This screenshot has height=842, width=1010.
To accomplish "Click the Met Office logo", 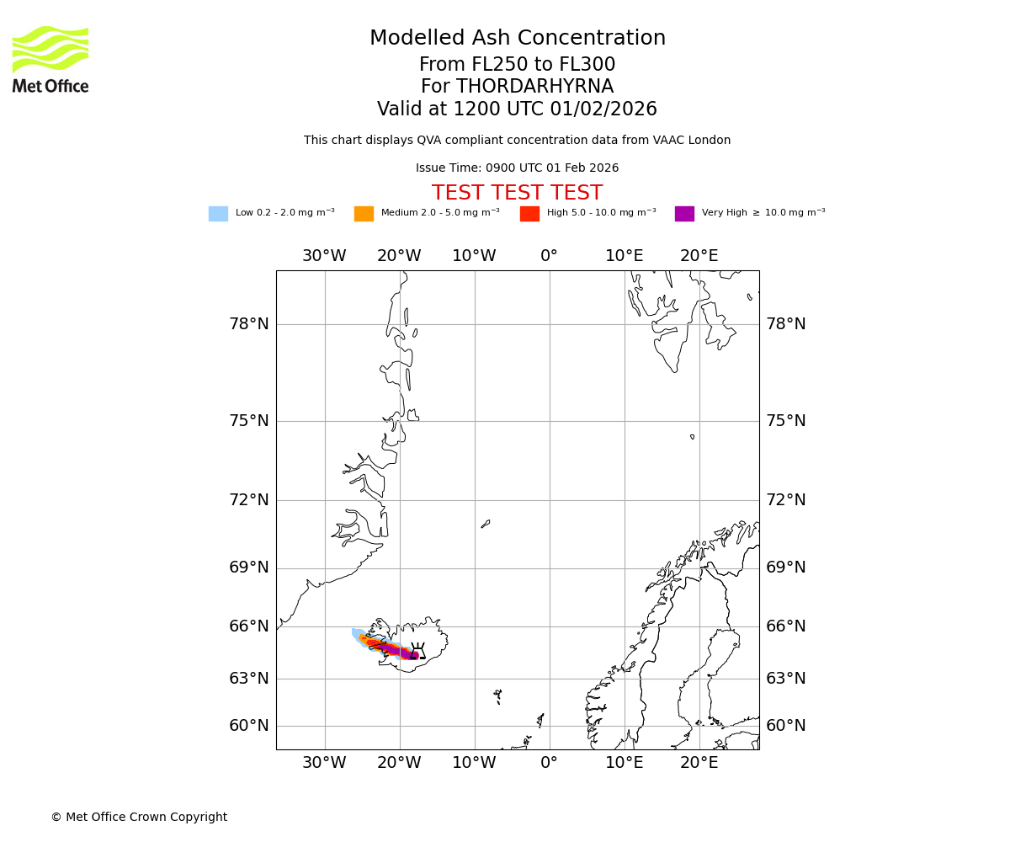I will pyautogui.click(x=50, y=59).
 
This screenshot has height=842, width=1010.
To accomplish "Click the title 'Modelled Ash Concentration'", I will pyautogui.click(x=517, y=39).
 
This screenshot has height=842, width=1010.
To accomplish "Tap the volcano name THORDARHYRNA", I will pyautogui.click(x=534, y=87).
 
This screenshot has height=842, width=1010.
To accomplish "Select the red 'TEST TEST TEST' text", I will pyautogui.click(x=517, y=193).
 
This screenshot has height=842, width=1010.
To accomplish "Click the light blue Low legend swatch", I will pyautogui.click(x=218, y=214).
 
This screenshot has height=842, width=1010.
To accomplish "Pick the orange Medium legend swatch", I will pyautogui.click(x=364, y=214).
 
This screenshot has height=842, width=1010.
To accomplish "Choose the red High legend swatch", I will pyautogui.click(x=529, y=214).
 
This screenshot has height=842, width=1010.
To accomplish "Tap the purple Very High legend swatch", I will pyautogui.click(x=684, y=214).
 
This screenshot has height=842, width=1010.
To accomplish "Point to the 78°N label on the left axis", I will pyautogui.click(x=249, y=324).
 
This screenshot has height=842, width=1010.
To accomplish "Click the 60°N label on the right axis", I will pyautogui.click(x=785, y=726).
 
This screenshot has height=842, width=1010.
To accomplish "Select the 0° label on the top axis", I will pyautogui.click(x=549, y=256).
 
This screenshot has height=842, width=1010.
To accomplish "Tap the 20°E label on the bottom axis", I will pyautogui.click(x=699, y=763).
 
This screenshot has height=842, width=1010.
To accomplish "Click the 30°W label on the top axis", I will pyautogui.click(x=324, y=256).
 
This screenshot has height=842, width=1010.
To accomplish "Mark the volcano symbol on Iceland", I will pyautogui.click(x=417, y=650).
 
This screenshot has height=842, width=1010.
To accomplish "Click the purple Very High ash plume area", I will pyautogui.click(x=394, y=650).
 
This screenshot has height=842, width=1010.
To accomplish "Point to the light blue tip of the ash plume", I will pyautogui.click(x=357, y=633).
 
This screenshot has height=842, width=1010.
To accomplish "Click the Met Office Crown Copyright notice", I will pyautogui.click(x=139, y=817).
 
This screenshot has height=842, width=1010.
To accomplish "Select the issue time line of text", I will pyautogui.click(x=517, y=168).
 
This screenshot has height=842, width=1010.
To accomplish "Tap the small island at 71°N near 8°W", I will pyautogui.click(x=486, y=524).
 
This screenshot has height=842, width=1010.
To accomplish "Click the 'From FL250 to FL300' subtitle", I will pyautogui.click(x=517, y=65).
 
